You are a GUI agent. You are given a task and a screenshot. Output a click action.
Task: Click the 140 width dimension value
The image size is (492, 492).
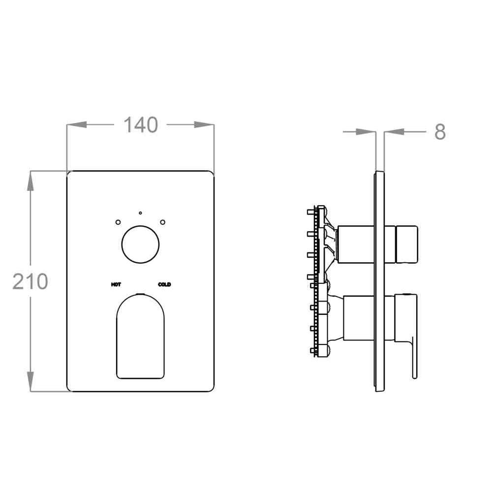point(141,125)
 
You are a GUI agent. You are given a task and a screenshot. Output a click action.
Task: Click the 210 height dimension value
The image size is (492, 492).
point(30,281)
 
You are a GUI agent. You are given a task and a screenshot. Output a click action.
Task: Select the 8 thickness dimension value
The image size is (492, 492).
point(440,132)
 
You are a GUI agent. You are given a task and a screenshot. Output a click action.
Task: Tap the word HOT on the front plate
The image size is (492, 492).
point(116,284)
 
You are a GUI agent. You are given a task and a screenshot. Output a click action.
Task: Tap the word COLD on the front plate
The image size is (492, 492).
point(164,284)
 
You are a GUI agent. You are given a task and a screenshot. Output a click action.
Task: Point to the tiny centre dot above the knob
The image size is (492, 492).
point(140,213)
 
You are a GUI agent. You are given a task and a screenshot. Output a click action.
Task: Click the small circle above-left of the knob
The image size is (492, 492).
point(118,222)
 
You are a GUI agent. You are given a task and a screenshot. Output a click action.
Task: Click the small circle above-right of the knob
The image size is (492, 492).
point(162,222)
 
